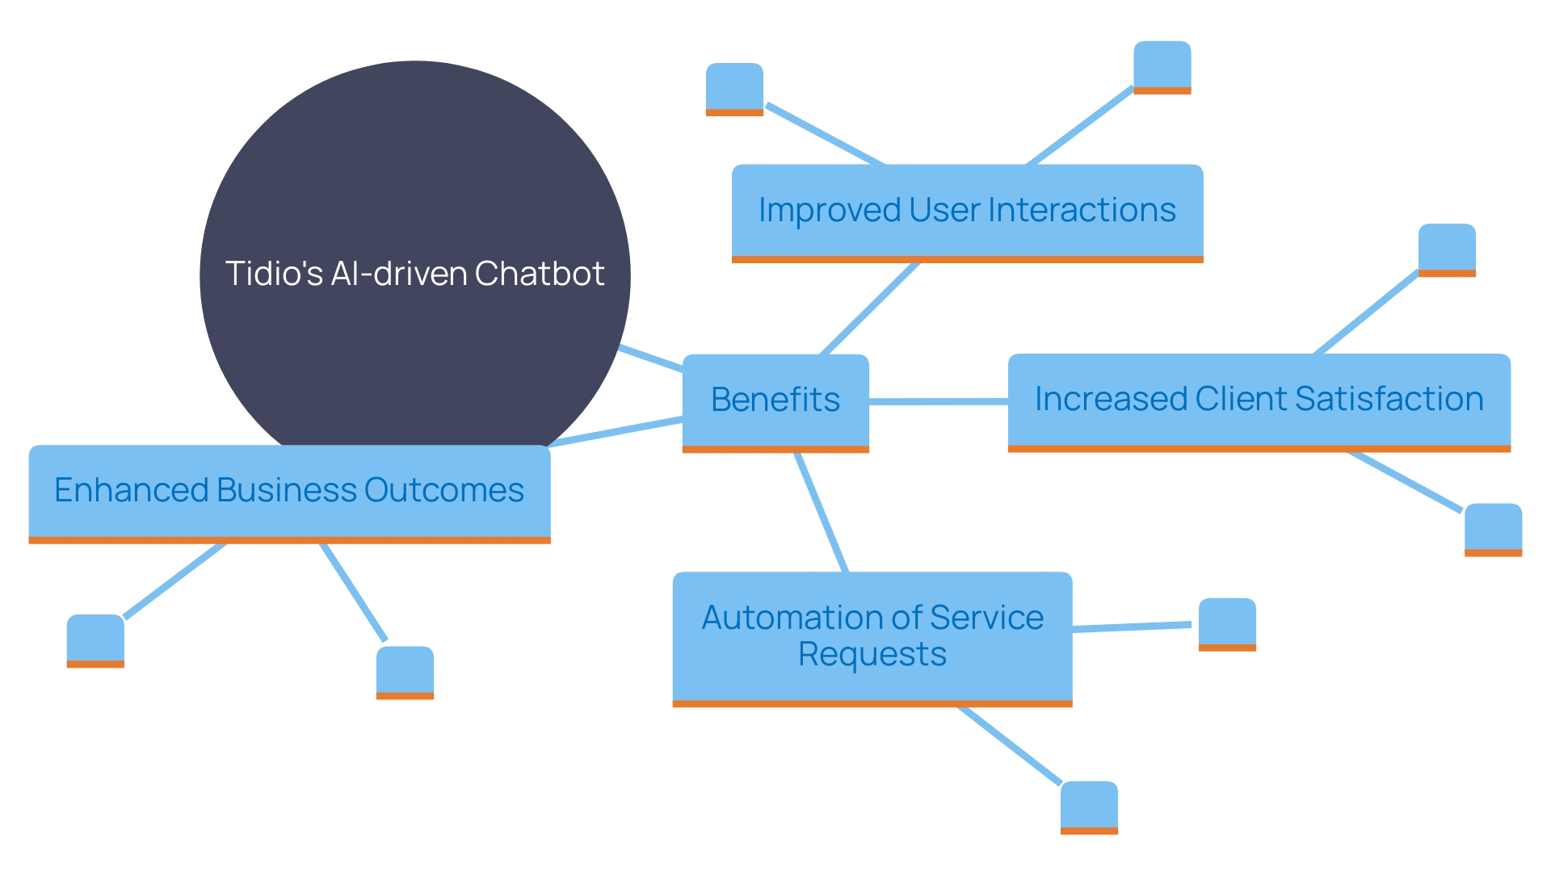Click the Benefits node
pos(775,401)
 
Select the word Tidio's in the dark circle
pos(274,274)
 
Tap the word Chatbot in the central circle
pos(540,274)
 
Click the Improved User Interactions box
pos(967,212)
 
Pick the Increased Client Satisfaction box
pos(1259,400)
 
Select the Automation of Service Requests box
pos(872,637)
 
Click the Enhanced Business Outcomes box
pos(289,492)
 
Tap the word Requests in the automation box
pos(872,654)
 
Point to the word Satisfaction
pos(1389,399)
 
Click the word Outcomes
pos(443,490)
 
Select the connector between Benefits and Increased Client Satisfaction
pos(938,401)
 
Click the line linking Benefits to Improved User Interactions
pos(870,308)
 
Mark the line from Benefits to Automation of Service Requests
pos(822,513)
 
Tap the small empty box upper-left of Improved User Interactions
pos(734,88)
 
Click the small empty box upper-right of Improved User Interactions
pos(1162,66)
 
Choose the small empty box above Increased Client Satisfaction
pos(1447,249)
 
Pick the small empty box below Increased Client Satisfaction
pos(1493,529)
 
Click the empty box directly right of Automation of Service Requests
pos(1227,623)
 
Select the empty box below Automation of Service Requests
pos(1089,806)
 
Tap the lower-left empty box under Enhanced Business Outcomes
pos(95,640)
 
